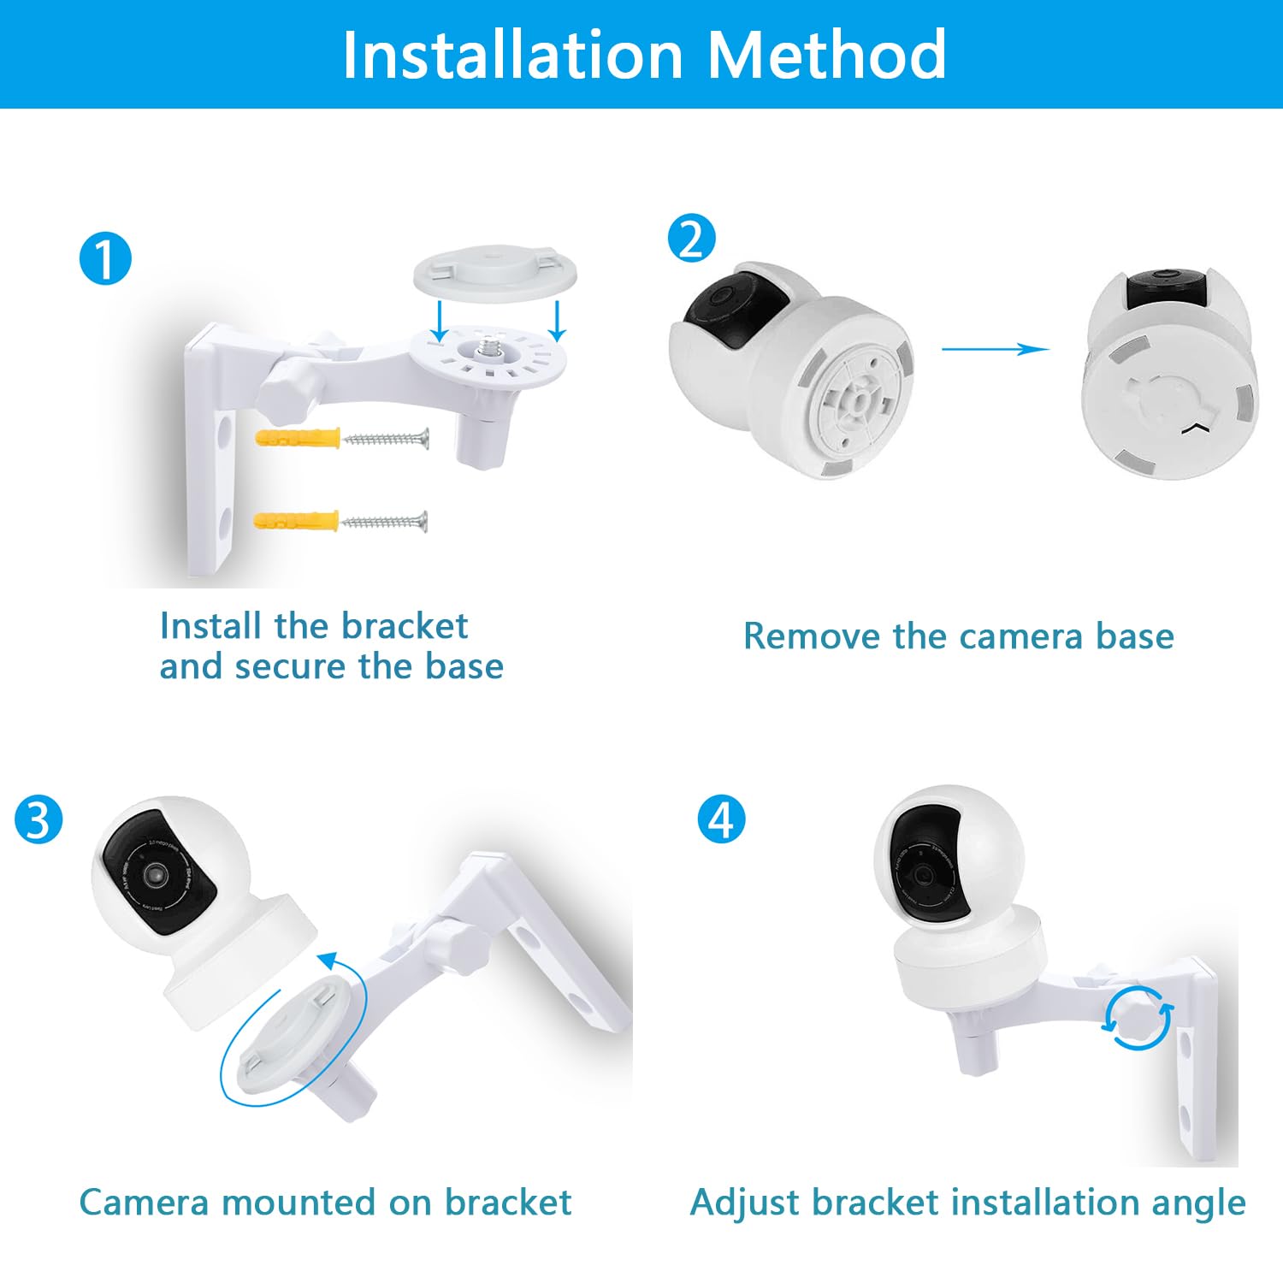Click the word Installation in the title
tap(512, 55)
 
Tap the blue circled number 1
tap(105, 259)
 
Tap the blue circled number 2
tap(691, 239)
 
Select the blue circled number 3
tap(38, 819)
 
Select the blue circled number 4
tap(721, 819)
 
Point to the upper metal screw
tap(385, 439)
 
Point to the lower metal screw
tap(384, 520)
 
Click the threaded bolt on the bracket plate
tap(488, 346)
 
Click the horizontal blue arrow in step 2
tap(995, 349)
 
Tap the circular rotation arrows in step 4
tap(1138, 1017)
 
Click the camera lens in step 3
tap(155, 873)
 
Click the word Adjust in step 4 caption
tap(742, 1203)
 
